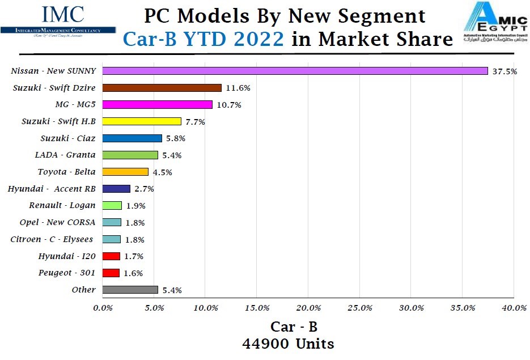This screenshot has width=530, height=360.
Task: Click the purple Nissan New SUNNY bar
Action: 295,71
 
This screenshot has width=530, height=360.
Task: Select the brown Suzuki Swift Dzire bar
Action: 162,88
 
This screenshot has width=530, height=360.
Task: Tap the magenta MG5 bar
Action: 158,104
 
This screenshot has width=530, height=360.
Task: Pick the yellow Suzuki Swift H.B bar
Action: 142,121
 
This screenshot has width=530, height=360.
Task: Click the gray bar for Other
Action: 130,290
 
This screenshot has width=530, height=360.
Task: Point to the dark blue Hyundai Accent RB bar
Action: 116,189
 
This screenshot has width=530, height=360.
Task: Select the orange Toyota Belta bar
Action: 125,172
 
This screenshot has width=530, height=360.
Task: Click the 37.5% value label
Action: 504,71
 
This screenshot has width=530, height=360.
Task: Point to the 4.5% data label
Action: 162,172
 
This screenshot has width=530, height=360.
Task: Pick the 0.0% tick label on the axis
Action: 103,308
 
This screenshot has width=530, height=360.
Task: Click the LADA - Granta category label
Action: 65,155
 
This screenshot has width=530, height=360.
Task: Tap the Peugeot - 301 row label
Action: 67,273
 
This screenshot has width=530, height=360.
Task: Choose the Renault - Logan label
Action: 62,205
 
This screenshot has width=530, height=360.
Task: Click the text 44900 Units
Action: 288,344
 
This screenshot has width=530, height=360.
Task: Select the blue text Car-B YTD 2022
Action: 203,39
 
